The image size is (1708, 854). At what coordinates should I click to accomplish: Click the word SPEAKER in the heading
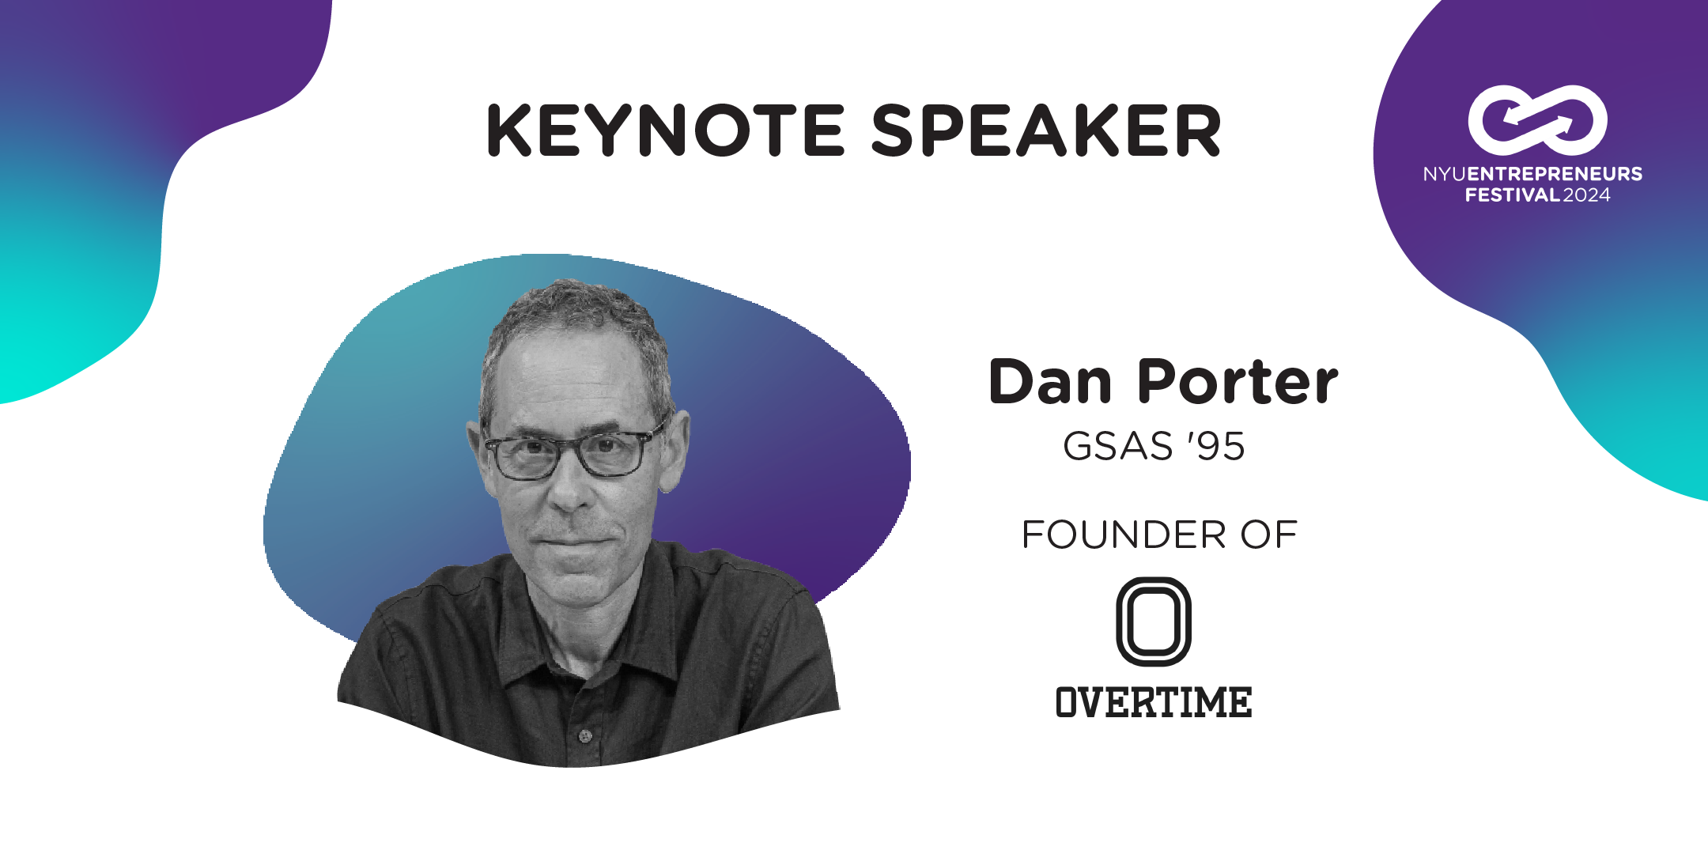click(x=1046, y=130)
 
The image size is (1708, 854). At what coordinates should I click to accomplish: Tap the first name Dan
click(x=1051, y=382)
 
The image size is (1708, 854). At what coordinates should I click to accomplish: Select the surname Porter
click(x=1238, y=382)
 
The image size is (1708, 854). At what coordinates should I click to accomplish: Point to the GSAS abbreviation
click(x=1118, y=446)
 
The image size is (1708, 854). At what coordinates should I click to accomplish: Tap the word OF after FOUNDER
click(x=1268, y=535)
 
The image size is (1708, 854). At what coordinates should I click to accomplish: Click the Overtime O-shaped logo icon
click(x=1119, y=622)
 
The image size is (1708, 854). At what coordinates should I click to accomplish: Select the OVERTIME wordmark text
click(x=1154, y=702)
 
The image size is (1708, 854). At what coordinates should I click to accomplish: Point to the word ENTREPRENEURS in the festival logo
click(x=1555, y=174)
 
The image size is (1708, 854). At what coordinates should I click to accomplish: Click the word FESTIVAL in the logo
click(x=1513, y=195)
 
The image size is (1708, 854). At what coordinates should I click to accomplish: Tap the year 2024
click(x=1586, y=195)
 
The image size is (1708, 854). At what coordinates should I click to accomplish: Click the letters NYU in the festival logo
click(x=1445, y=174)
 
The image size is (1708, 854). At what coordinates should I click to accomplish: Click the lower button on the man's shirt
click(x=585, y=736)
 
